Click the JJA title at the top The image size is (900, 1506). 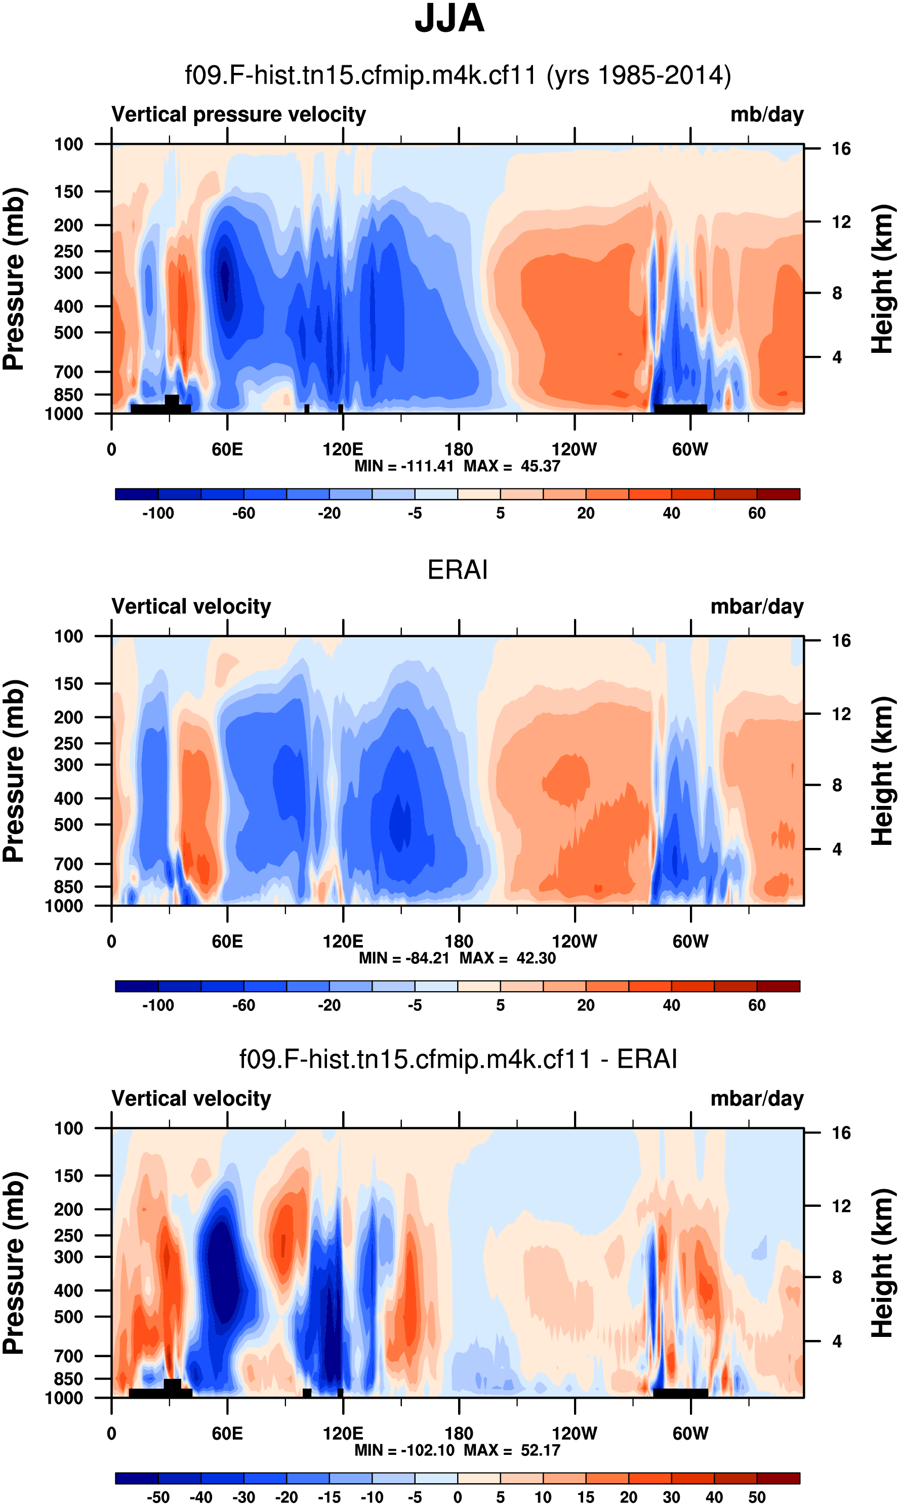tap(449, 19)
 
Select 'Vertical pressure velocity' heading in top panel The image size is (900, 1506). tap(238, 114)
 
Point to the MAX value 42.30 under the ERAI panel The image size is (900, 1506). tap(536, 958)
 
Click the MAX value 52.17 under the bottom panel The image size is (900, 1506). tap(540, 1450)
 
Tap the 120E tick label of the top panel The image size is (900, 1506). tap(343, 450)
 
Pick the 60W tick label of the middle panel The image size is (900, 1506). tap(690, 942)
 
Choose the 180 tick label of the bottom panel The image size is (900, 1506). tap(459, 1433)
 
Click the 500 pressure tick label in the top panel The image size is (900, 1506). tap(68, 333)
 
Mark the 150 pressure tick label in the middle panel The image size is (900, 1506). tap(68, 683)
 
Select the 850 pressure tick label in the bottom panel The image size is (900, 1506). tap(68, 1378)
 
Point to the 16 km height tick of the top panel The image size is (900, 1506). tap(841, 149)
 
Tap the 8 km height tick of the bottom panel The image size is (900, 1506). tap(837, 1277)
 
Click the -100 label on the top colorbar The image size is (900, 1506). tap(158, 513)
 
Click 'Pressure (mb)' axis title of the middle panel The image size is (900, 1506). tap(13, 771)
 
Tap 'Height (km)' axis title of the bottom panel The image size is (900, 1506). tap(883, 1263)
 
